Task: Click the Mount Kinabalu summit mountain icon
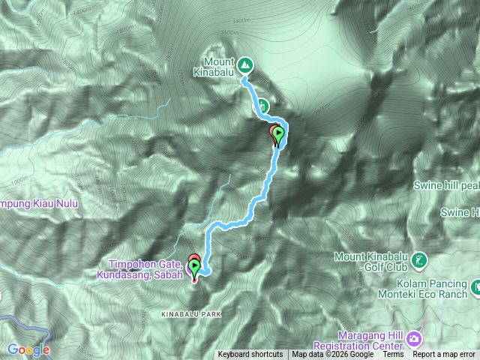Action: (x=244, y=67)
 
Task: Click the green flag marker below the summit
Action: (x=279, y=135)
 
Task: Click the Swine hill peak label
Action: (x=446, y=185)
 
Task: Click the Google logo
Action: (x=28, y=349)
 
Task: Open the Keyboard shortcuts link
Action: (x=250, y=355)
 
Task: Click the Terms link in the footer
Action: (x=392, y=355)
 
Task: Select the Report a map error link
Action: (x=445, y=355)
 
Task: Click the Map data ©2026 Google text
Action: (x=332, y=355)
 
